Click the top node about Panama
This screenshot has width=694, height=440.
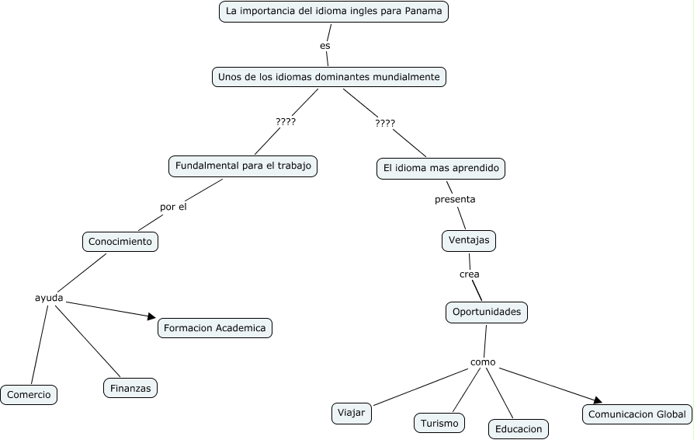click(334, 12)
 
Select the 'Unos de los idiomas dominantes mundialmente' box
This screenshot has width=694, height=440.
click(329, 77)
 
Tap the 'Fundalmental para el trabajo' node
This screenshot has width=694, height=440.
click(243, 166)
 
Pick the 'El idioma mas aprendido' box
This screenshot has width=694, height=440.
click(441, 169)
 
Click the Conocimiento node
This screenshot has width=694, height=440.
click(120, 242)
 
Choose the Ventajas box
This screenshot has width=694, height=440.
click(469, 241)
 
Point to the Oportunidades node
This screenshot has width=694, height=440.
click(487, 313)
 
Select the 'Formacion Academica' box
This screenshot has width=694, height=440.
click(215, 328)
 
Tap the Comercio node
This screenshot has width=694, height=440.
click(29, 395)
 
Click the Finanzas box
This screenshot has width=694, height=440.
click(130, 388)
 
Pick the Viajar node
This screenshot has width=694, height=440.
click(352, 414)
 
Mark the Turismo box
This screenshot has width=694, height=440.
click(439, 423)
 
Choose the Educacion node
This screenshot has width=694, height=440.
click(519, 429)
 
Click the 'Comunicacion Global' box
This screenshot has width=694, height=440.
click(637, 414)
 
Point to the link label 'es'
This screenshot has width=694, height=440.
click(324, 46)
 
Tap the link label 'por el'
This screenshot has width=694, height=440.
click(173, 207)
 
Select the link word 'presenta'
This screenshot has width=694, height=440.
click(455, 199)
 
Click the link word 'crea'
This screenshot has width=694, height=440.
click(469, 274)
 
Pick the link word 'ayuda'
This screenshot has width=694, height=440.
click(49, 298)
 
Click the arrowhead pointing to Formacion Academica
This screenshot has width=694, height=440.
click(152, 316)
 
